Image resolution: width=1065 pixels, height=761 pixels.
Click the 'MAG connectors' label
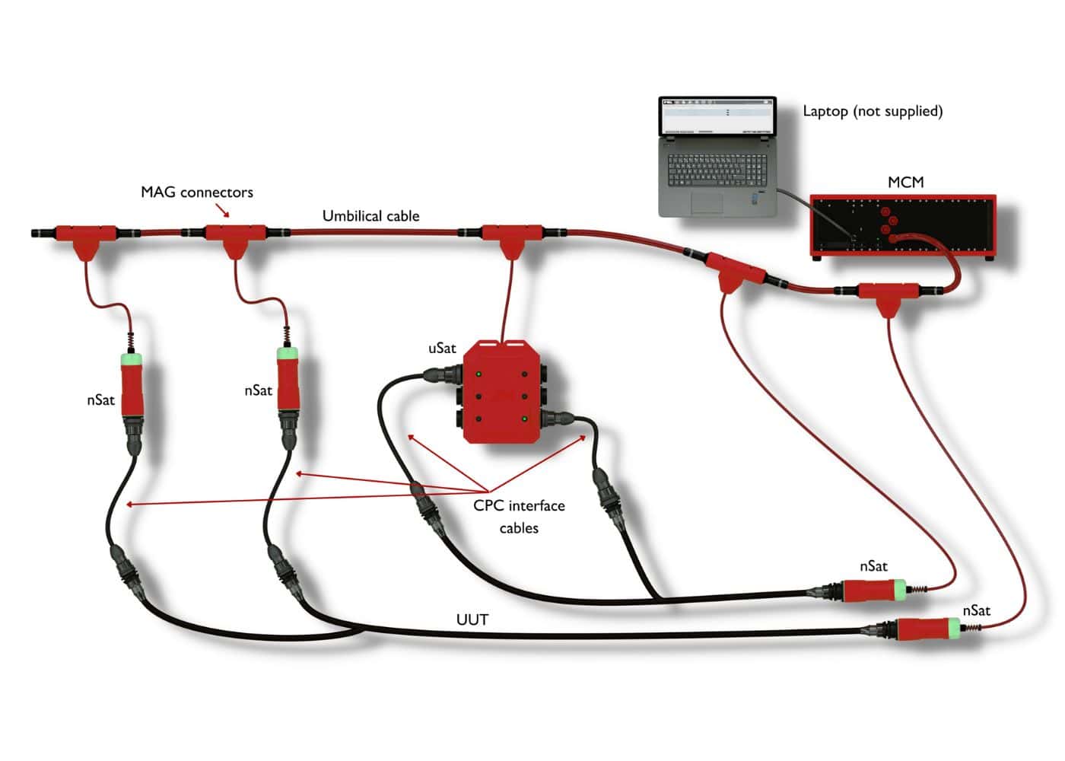click(x=196, y=192)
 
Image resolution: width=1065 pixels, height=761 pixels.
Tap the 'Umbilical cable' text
click(x=370, y=216)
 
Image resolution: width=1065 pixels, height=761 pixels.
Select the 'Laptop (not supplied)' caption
click(x=873, y=111)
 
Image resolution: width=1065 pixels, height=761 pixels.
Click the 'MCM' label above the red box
click(x=905, y=182)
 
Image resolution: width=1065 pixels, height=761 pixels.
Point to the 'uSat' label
click(x=442, y=349)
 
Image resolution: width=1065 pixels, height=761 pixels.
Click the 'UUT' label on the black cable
click(x=472, y=619)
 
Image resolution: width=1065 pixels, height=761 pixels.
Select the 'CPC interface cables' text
click(x=519, y=516)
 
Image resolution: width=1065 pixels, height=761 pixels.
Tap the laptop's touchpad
click(x=707, y=202)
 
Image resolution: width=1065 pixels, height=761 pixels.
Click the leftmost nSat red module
click(x=132, y=390)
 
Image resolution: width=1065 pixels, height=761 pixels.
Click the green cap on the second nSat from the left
click(x=288, y=354)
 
